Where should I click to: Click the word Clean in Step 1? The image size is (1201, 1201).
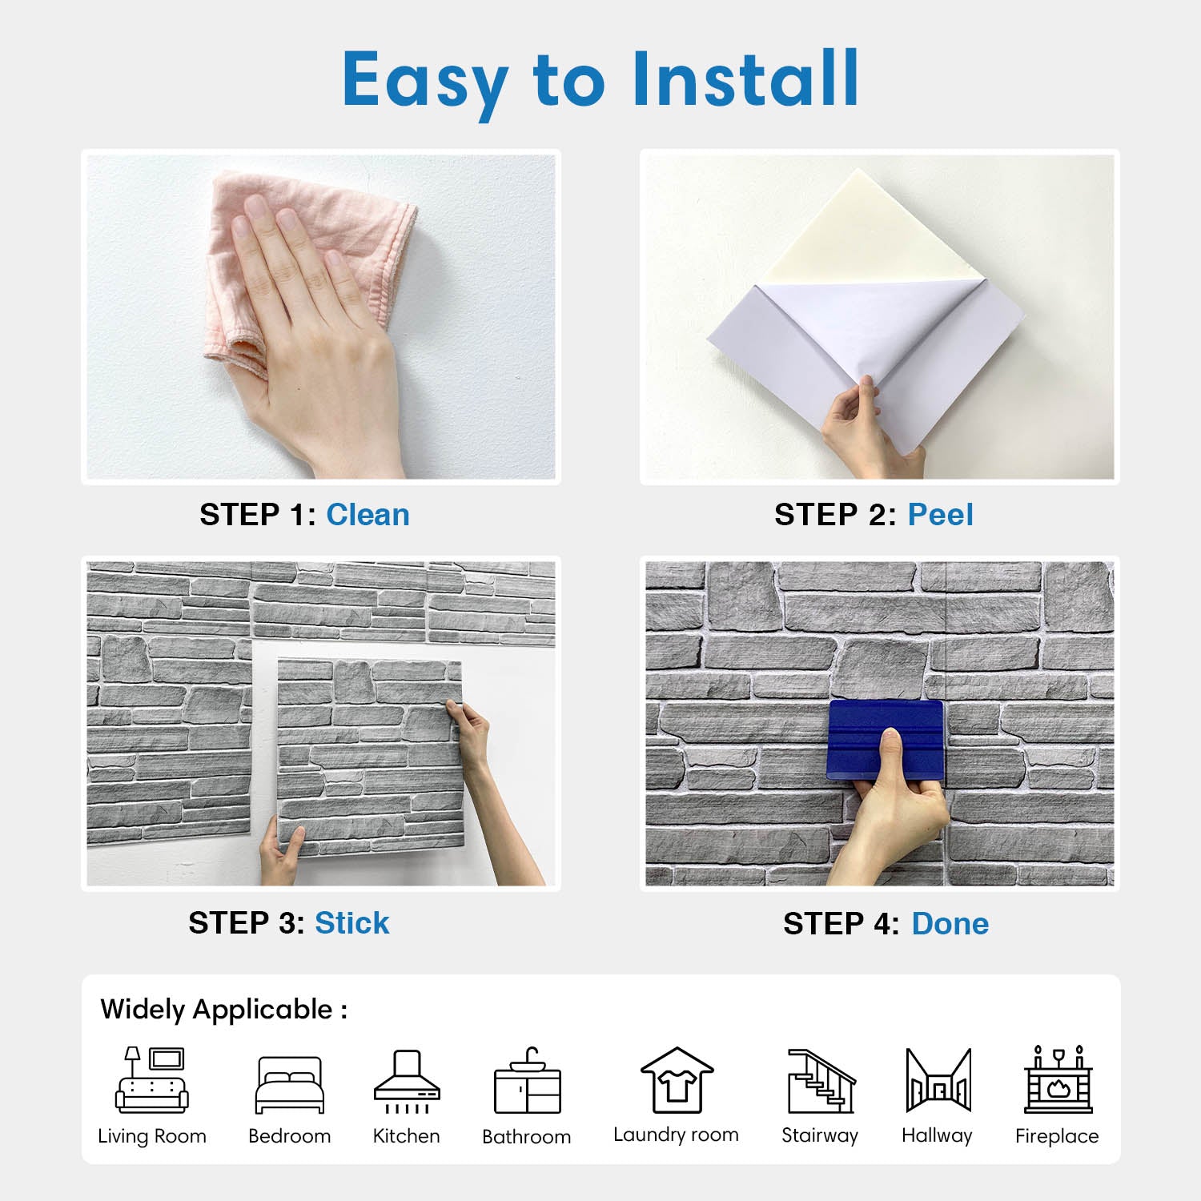[368, 515]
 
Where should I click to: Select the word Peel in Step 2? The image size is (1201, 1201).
[940, 515]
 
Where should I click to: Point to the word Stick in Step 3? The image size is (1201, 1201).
[351, 923]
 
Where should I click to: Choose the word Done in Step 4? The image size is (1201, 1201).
[950, 924]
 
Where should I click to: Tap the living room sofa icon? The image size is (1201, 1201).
[152, 1079]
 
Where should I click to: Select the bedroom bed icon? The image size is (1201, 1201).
[290, 1085]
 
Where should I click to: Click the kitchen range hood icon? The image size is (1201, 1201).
[407, 1081]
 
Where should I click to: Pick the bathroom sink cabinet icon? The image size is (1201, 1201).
[527, 1080]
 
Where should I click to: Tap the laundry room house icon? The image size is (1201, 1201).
[677, 1080]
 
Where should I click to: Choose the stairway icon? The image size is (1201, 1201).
[821, 1081]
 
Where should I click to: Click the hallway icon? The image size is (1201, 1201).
[938, 1080]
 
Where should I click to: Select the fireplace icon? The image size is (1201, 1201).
[1058, 1079]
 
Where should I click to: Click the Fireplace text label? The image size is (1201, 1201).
[1057, 1136]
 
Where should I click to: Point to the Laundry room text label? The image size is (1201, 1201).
[676, 1135]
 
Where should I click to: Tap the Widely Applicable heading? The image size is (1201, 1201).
[224, 1010]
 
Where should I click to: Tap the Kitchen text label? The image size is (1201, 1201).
[406, 1136]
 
